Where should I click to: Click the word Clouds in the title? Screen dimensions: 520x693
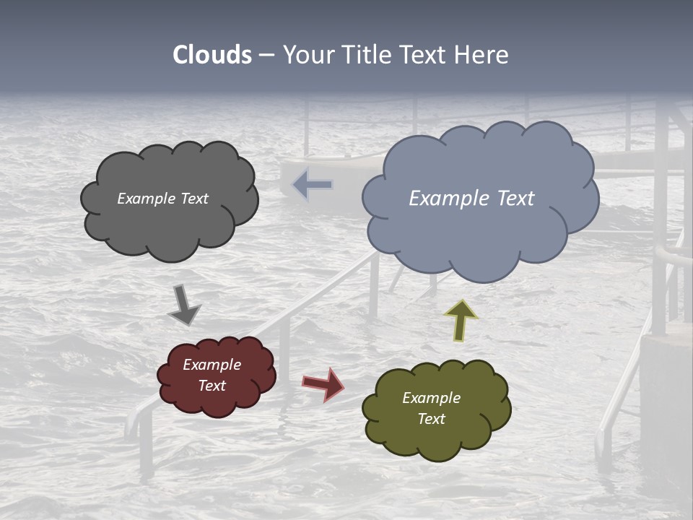pos(212,55)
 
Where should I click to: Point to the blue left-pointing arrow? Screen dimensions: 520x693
pos(312,185)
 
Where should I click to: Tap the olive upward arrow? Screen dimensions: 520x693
pos(461,320)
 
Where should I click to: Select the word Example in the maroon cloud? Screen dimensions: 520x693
pos(212,365)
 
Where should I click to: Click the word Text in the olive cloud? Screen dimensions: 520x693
pos(431,419)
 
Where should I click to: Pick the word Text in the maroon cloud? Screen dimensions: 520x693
pos(212,386)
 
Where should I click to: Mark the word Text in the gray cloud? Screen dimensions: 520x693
pos(193,199)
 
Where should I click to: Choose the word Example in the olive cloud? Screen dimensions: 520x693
pos(431,398)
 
